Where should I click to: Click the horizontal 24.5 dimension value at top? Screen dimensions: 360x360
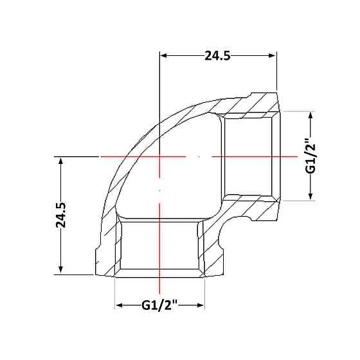[217, 55]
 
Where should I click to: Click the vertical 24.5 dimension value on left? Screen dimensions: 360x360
[61, 215]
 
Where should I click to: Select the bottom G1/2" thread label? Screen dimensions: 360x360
[159, 305]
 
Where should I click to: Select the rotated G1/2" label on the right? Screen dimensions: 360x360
[310, 156]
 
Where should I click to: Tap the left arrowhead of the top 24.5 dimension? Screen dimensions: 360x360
[163, 55]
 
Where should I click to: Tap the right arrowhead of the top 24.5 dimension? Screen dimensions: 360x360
[272, 55]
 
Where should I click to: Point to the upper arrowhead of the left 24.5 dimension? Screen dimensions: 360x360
[61, 161]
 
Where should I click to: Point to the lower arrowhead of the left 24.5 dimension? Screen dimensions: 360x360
[61, 269]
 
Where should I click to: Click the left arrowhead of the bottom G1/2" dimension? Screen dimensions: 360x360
[119, 305]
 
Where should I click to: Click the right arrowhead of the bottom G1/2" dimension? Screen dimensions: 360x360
[201, 305]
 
